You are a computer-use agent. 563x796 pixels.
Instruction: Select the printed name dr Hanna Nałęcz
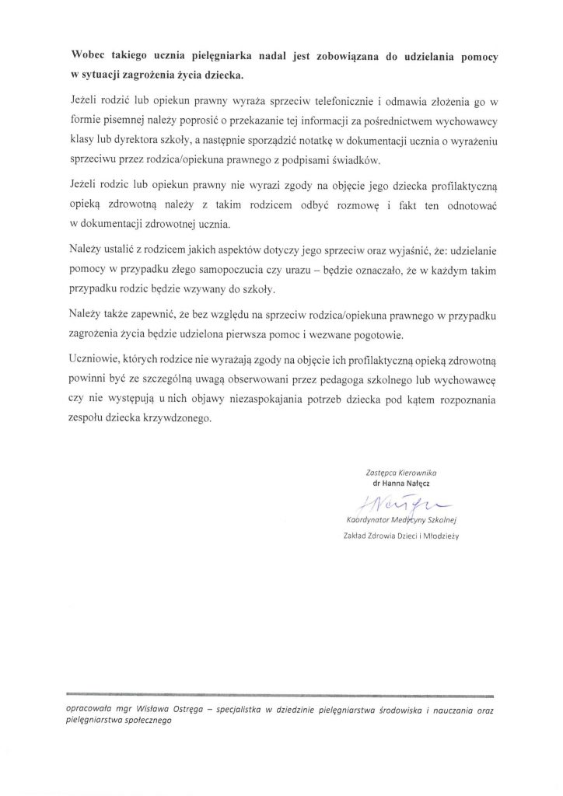pos(402,484)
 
